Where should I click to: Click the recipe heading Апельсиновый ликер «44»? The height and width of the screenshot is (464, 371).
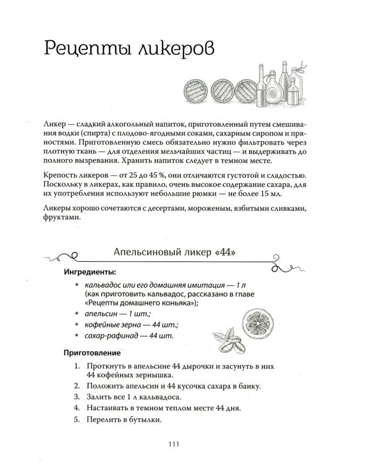[176, 252]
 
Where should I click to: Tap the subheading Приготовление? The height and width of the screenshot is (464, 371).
[92, 353]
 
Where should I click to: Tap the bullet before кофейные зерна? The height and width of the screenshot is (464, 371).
[75, 325]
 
